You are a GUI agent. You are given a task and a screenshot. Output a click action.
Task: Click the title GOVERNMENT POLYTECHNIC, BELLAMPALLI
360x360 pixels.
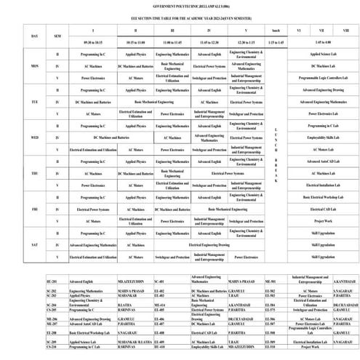tap(179, 4)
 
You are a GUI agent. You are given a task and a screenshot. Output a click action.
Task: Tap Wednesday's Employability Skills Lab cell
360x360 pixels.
tap(322, 137)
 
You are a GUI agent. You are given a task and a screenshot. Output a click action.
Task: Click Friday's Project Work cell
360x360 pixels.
tap(322, 220)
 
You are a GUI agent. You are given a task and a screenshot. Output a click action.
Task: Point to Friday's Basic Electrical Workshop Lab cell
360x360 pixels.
tap(322, 197)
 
